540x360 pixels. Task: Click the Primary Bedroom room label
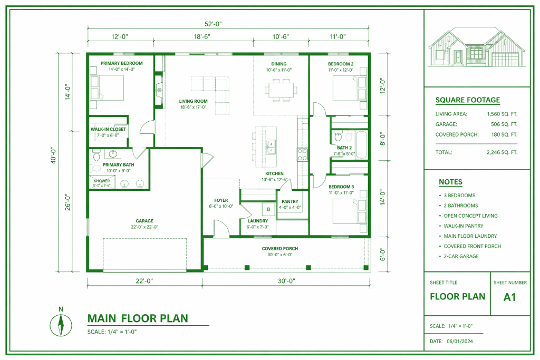[x=122, y=63]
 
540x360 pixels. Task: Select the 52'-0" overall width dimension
[x=213, y=24]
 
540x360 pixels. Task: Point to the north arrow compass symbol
[x=61, y=325]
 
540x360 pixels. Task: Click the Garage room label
[x=144, y=221]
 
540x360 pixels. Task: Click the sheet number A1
[x=510, y=297]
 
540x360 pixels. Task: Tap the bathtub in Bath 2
[x=361, y=144]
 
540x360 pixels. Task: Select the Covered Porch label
[x=280, y=248]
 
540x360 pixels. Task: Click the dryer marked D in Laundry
[x=268, y=209]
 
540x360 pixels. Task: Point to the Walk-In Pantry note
[x=463, y=226]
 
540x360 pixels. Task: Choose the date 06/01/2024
[x=460, y=342]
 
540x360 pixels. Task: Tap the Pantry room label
[x=290, y=202]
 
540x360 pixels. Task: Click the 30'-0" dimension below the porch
[x=286, y=281]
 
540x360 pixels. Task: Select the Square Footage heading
[x=468, y=100]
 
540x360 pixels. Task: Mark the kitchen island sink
[x=272, y=148]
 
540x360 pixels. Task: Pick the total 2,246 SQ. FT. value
[x=502, y=152]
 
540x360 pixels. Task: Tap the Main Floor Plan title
[x=138, y=318]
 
